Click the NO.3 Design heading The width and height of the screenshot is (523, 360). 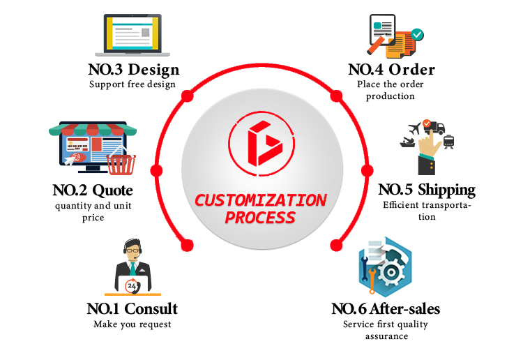pyautogui.click(x=134, y=70)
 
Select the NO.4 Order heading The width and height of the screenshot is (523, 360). pyautogui.click(x=391, y=70)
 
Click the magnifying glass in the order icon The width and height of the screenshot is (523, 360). pyautogui.click(x=379, y=43)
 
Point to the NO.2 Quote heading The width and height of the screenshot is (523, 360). pyautogui.click(x=92, y=190)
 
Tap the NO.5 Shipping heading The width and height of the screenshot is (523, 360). pyautogui.click(x=427, y=190)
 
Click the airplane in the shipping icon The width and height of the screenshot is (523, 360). pyautogui.click(x=416, y=128)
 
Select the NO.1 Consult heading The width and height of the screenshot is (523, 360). pyautogui.click(x=132, y=308)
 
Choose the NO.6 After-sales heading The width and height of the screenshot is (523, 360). pyautogui.click(x=386, y=308)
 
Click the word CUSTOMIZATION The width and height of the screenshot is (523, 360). pyautogui.click(x=260, y=200)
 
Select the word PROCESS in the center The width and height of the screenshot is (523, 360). pyautogui.click(x=260, y=218)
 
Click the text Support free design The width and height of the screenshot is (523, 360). pyautogui.click(x=132, y=84)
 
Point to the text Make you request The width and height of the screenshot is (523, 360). pyautogui.click(x=132, y=324)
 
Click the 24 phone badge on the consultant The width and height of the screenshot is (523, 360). pyautogui.click(x=131, y=285)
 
